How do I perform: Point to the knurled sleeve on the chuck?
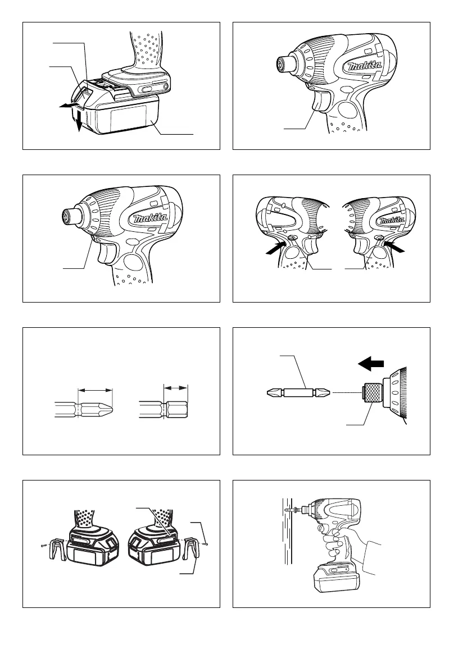click(x=371, y=392)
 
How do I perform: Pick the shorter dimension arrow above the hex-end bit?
click(x=176, y=388)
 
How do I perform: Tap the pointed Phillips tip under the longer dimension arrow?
click(x=108, y=410)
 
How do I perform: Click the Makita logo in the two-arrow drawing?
click(x=392, y=220)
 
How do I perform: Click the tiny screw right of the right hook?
click(x=206, y=544)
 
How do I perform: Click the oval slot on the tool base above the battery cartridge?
click(x=148, y=89)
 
